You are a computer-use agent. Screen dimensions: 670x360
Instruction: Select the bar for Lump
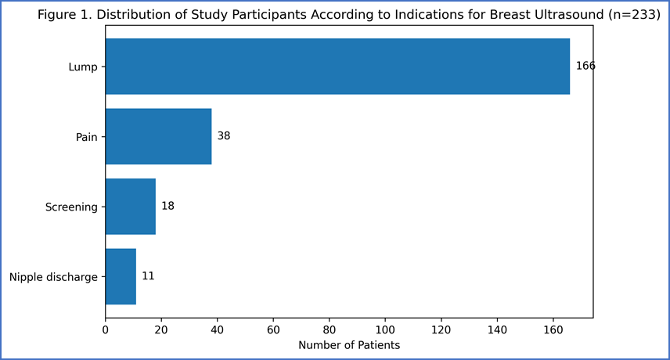tap(337, 67)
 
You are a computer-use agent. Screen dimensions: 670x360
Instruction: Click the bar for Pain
tap(159, 136)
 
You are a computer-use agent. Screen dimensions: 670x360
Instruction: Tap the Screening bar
tap(131, 207)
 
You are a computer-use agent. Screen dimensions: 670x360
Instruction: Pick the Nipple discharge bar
tap(121, 276)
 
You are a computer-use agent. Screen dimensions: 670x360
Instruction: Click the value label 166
tap(585, 66)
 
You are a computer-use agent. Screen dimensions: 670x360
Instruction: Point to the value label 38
tap(224, 136)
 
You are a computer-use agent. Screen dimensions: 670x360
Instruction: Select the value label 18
tap(168, 206)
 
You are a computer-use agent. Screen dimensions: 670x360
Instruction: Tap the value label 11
tap(148, 276)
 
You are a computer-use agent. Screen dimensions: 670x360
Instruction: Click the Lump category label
tap(83, 67)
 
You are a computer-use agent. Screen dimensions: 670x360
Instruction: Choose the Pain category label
tap(87, 137)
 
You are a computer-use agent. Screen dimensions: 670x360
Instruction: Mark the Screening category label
tap(71, 207)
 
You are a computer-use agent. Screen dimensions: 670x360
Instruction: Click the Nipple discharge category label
tap(53, 277)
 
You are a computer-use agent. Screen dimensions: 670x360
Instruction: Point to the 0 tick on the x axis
tap(106, 330)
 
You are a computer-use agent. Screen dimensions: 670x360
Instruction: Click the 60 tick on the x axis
tap(273, 330)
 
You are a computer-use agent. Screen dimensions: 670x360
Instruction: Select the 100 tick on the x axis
tap(385, 330)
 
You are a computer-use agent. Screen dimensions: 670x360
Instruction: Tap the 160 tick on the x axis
tap(553, 330)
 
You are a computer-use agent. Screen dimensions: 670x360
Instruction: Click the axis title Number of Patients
tap(349, 345)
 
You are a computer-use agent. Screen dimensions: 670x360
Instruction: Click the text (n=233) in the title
tap(634, 15)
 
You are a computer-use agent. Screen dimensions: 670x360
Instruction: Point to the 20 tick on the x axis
tap(161, 330)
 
